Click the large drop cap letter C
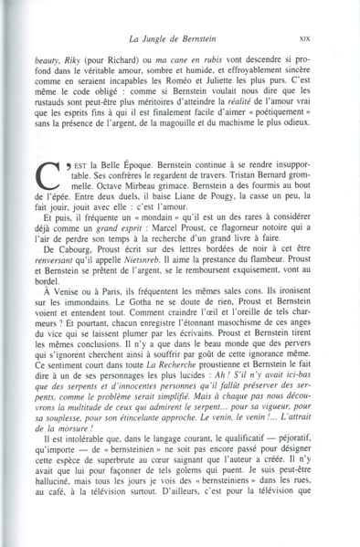[52, 174]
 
